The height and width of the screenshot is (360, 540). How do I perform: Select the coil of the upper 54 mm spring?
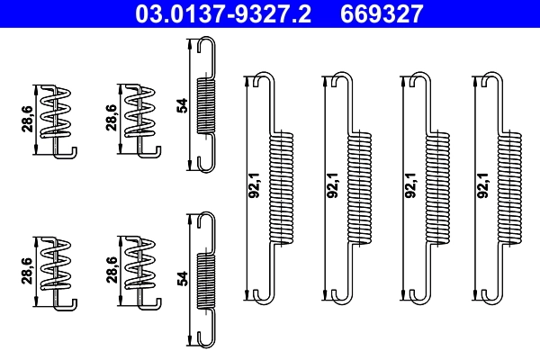pos(206,105)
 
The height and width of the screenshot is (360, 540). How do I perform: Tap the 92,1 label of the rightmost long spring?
pos(484,184)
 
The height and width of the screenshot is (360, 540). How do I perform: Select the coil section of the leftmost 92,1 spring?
pos(282,185)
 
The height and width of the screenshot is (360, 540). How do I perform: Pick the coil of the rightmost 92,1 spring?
pos(509,185)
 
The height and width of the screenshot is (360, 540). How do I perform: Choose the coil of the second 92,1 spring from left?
pos(358,185)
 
